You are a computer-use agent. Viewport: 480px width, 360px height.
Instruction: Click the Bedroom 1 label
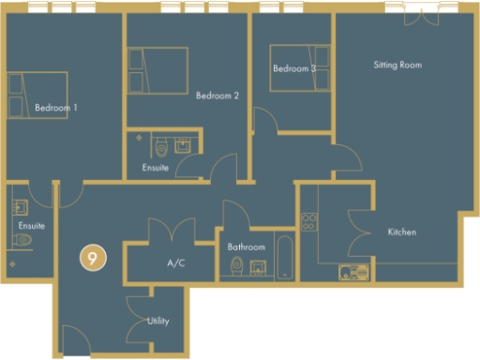click(x=55, y=109)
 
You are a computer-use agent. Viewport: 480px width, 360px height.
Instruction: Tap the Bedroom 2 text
click(x=217, y=96)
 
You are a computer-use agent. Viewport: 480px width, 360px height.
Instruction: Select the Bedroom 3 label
click(x=293, y=69)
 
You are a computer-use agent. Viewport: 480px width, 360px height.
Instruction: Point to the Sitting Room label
click(x=397, y=66)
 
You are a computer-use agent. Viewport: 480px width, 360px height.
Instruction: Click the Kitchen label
click(x=401, y=232)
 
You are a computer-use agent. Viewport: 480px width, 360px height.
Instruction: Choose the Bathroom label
click(x=247, y=247)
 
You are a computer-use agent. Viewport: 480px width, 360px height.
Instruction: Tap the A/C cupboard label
click(x=175, y=263)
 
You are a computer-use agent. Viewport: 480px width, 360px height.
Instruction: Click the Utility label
click(x=158, y=322)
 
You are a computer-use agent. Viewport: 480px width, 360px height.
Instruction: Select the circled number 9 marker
click(x=91, y=258)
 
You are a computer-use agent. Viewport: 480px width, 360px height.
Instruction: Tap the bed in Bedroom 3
click(x=298, y=67)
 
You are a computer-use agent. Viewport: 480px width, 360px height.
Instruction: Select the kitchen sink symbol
click(x=353, y=273)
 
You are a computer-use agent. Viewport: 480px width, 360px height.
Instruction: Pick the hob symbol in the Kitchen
click(x=308, y=223)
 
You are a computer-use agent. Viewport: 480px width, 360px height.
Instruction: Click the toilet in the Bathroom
click(x=236, y=269)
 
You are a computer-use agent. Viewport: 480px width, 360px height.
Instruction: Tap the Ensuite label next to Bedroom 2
click(x=156, y=169)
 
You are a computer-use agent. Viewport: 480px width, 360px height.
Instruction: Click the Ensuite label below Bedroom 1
click(x=31, y=227)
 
